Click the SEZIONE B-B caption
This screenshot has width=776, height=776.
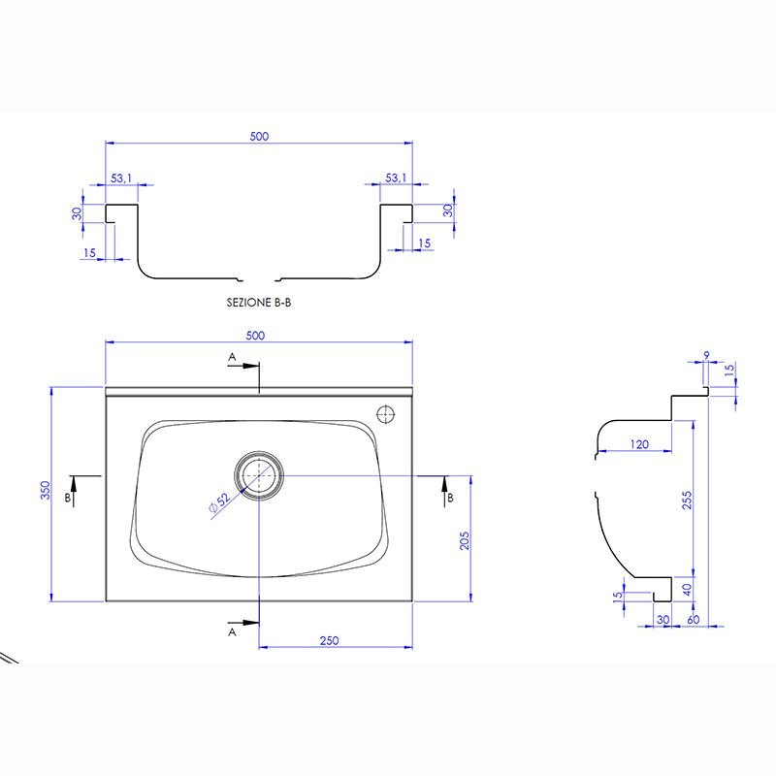259,303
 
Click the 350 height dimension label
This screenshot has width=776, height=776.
45,490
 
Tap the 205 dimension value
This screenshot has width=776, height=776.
465,541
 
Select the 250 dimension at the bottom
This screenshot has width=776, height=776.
329,640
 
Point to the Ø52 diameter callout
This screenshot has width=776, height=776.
220,501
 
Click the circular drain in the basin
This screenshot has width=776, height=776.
259,475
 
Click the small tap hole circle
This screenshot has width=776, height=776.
386,415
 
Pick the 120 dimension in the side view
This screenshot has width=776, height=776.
639,444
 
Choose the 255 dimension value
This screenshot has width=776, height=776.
687,501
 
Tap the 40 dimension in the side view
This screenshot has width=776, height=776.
687,590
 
